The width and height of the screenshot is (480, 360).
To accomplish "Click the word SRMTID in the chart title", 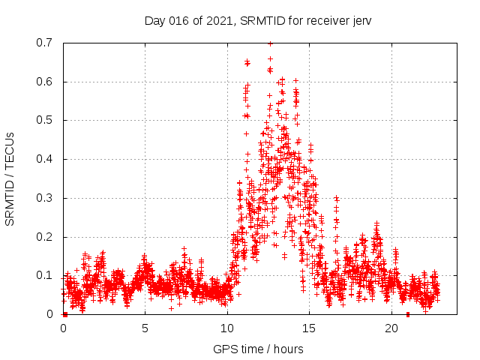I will (259, 21).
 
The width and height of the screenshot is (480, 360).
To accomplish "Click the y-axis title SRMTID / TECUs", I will (10, 179).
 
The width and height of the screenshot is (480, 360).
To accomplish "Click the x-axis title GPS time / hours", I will (258, 349).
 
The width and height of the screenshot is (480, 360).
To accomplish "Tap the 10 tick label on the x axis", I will (226, 328).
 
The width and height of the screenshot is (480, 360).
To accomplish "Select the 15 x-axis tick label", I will (309, 328).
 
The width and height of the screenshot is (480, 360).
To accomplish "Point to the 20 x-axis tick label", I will (391, 328).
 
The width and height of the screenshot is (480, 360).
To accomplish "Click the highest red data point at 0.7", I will (270, 43).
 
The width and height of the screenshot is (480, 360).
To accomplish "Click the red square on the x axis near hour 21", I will (408, 314).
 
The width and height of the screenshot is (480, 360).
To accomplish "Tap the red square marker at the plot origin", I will (64, 314).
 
